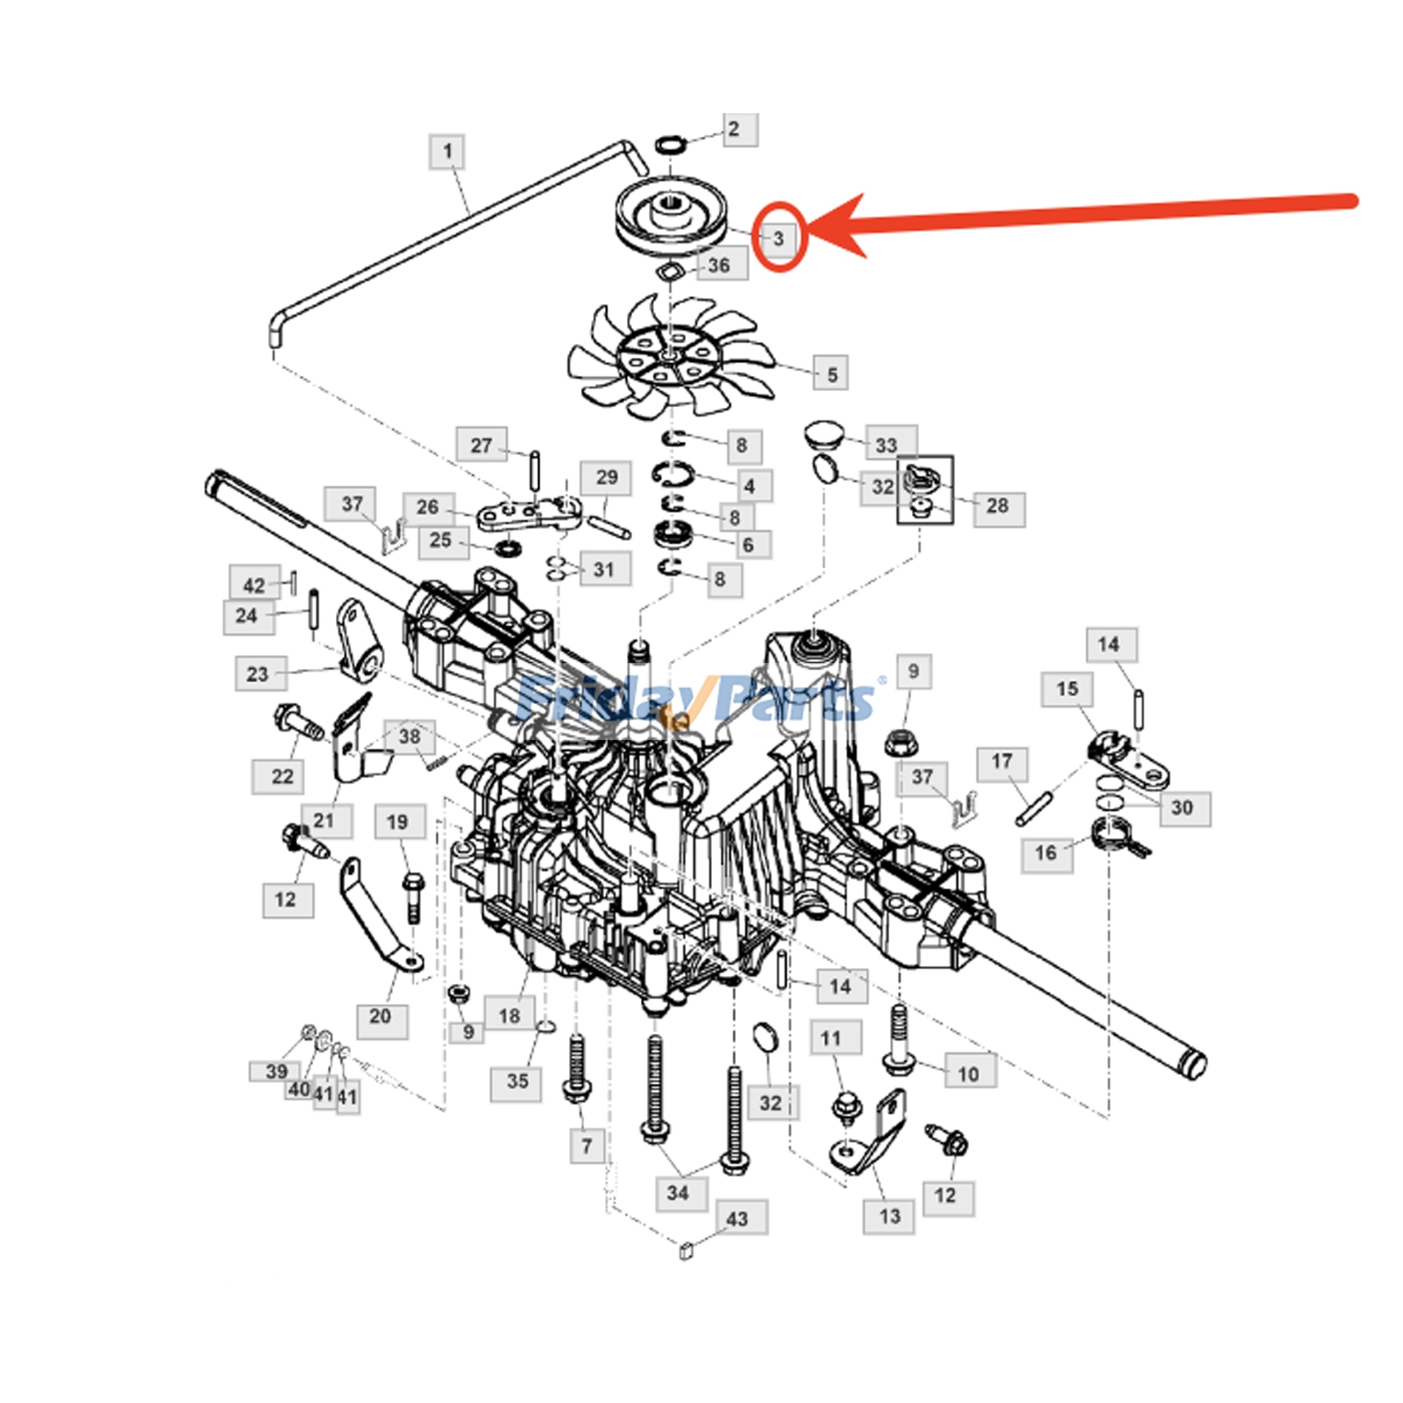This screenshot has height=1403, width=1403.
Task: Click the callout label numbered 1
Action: click(447, 152)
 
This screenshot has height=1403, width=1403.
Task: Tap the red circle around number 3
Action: click(779, 237)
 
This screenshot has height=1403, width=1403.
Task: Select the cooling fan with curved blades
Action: click(671, 355)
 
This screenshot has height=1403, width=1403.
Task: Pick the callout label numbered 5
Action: click(831, 374)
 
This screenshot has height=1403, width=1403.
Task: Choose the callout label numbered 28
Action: click(998, 506)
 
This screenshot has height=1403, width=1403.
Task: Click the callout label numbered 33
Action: click(887, 445)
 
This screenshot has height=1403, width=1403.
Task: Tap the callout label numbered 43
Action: click(737, 1219)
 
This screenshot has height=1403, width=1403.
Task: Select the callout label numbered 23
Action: click(257, 674)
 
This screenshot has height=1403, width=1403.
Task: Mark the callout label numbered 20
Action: click(380, 1016)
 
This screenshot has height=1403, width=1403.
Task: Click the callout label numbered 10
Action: click(968, 1074)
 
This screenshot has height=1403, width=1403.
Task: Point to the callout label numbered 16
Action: click(1045, 852)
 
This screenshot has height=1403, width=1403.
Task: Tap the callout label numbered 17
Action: click(1002, 761)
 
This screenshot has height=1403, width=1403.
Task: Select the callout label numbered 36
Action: click(719, 265)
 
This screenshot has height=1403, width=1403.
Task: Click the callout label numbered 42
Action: click(254, 585)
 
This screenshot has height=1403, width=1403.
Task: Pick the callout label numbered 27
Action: click(481, 445)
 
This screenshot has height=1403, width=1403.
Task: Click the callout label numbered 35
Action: click(517, 1080)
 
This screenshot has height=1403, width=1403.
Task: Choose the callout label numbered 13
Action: click(889, 1216)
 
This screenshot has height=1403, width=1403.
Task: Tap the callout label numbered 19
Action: click(397, 823)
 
